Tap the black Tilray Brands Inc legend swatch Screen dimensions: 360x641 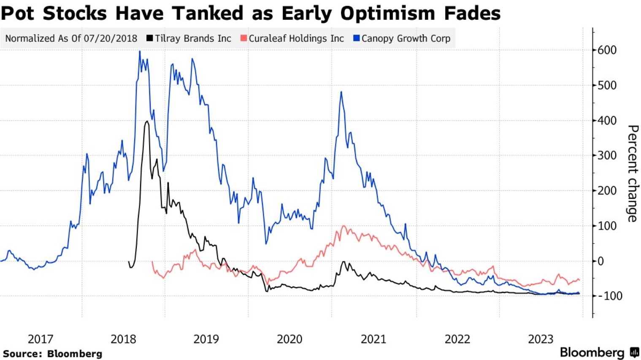(149, 38)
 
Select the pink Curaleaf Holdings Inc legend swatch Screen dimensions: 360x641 (243, 38)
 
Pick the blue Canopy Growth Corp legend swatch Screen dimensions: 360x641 (357, 38)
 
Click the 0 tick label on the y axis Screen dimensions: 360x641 (601, 261)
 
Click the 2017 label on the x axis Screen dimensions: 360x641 (40, 339)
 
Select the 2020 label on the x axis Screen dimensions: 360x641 (289, 339)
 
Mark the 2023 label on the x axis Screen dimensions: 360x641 (541, 339)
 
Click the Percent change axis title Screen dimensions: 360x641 (632, 173)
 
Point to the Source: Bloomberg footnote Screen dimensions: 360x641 (52, 354)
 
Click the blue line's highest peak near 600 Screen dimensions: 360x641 (140, 51)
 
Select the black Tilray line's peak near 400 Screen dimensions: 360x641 (146, 122)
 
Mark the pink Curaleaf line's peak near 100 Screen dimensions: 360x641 (343, 226)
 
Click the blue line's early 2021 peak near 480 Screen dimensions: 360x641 (341, 92)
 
